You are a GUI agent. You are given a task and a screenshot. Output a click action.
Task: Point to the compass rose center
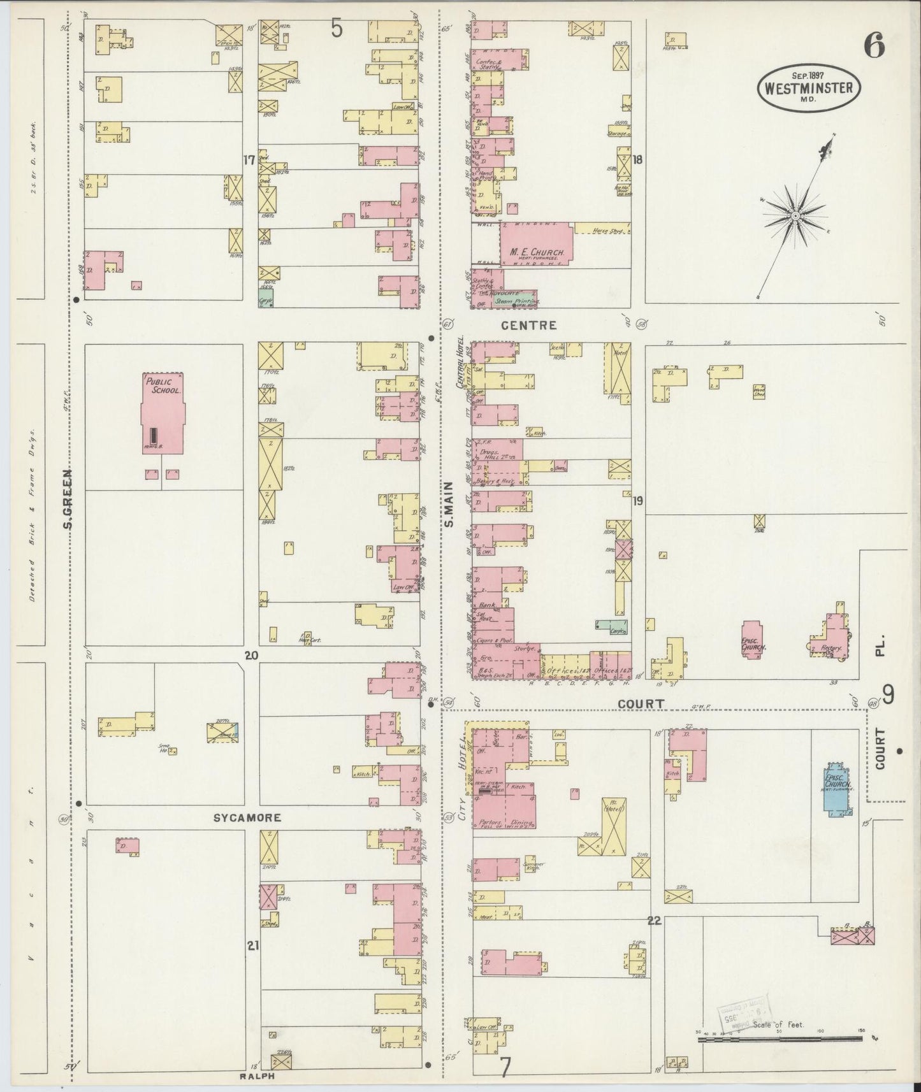point(795,217)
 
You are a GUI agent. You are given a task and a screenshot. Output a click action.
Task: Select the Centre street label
point(528,325)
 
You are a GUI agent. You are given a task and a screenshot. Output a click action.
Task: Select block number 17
point(249,160)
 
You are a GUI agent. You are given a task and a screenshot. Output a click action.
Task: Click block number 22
point(653,921)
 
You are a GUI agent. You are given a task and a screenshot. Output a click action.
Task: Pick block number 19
point(637,501)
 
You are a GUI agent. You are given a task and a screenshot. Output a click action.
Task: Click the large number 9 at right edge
point(887,694)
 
